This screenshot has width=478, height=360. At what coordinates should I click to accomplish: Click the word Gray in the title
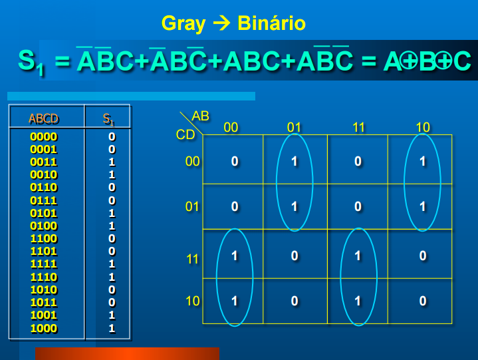[183, 25]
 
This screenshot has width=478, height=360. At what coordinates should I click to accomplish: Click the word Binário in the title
[269, 24]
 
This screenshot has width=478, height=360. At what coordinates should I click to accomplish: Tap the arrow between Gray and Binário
[220, 25]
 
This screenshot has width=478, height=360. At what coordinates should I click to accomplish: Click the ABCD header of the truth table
[44, 119]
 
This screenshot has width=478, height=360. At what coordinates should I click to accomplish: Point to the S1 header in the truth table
[108, 119]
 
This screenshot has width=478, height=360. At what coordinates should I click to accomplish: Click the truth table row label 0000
[44, 136]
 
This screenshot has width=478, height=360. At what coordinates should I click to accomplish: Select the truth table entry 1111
[44, 264]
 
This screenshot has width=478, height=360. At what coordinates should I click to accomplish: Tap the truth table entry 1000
[44, 328]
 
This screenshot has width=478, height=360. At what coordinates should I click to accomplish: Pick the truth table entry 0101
[44, 214]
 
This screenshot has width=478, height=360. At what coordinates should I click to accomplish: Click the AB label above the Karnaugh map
[200, 116]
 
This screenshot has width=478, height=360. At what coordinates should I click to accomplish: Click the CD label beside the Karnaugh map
[185, 135]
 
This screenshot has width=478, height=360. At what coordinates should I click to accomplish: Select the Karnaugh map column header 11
[359, 127]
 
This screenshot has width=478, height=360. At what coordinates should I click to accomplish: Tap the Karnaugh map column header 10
[423, 127]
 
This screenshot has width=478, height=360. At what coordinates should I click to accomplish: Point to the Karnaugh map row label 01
[192, 207]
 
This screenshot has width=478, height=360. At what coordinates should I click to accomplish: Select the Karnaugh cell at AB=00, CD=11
[234, 256]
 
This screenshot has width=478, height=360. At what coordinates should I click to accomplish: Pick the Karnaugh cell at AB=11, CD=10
[358, 301]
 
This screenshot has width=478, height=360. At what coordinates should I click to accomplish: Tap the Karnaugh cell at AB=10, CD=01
[422, 207]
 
